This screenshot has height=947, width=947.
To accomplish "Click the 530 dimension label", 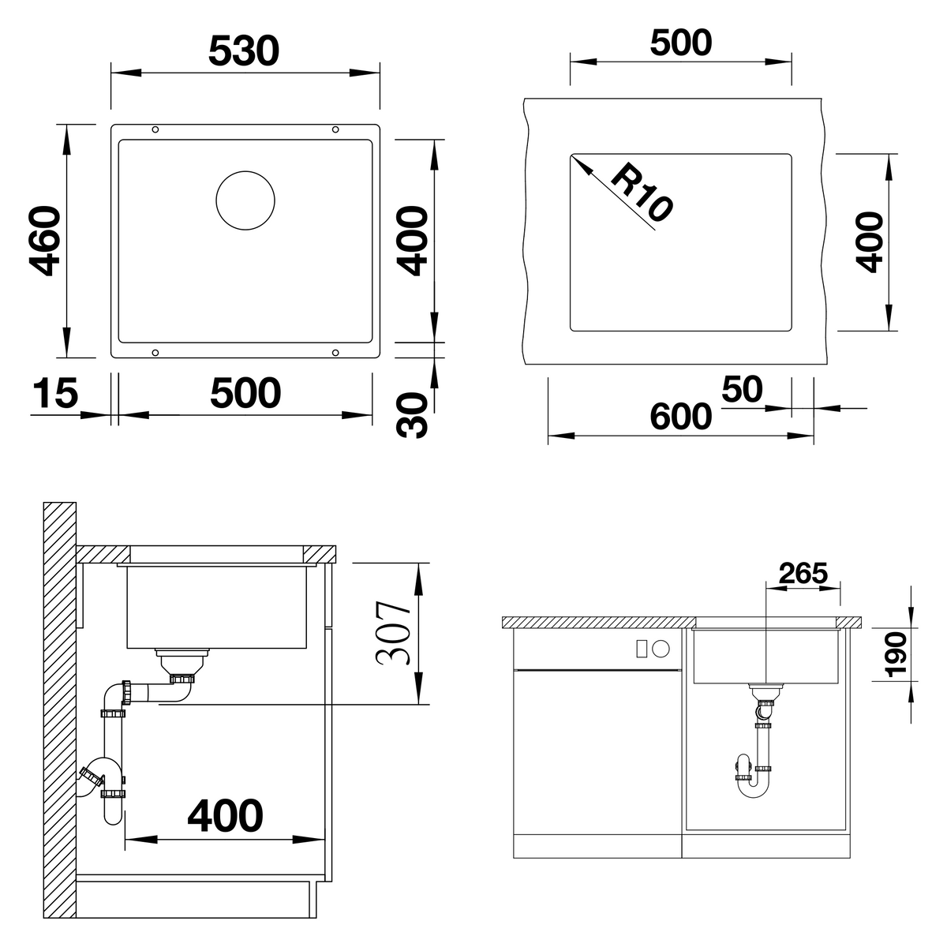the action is (244, 51).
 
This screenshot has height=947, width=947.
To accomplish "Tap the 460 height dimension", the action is (45, 241).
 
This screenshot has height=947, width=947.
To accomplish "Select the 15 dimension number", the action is (55, 393).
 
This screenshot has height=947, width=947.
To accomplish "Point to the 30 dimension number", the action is (412, 415).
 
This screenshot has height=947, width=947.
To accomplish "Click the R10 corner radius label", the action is (641, 192).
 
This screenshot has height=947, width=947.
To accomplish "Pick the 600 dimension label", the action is (680, 417).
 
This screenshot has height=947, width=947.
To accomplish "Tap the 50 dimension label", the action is (742, 389).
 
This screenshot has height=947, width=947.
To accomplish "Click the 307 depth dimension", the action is (393, 633).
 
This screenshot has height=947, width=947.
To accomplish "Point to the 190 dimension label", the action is (895, 654).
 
